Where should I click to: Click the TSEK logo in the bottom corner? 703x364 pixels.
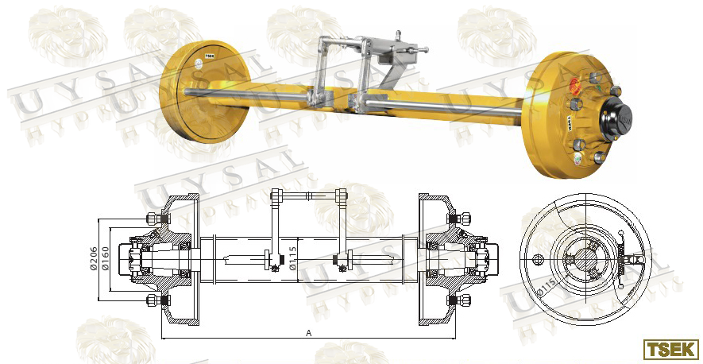coord(670,349)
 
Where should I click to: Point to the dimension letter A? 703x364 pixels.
coord(308,334)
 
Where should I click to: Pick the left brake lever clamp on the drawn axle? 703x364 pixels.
coord(274,258)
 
